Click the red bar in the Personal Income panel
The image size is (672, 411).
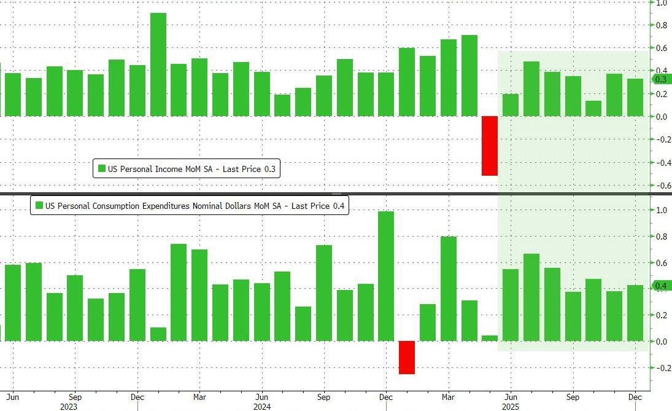click(489, 146)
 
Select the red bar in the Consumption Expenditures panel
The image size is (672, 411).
click(407, 357)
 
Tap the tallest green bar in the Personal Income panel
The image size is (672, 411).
click(158, 65)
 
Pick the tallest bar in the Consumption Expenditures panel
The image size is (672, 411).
click(385, 276)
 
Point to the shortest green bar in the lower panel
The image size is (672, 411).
click(489, 339)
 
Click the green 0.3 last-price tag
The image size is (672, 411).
click(660, 79)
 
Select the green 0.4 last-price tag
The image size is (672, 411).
click(660, 286)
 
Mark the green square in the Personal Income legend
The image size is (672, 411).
click(102, 169)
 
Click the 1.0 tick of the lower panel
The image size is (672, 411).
click(661, 210)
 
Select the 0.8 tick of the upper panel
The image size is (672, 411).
click(661, 25)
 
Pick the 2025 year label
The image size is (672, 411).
click(510, 406)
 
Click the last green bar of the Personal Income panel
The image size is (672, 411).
click(635, 98)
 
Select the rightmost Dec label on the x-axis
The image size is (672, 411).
click(635, 396)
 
